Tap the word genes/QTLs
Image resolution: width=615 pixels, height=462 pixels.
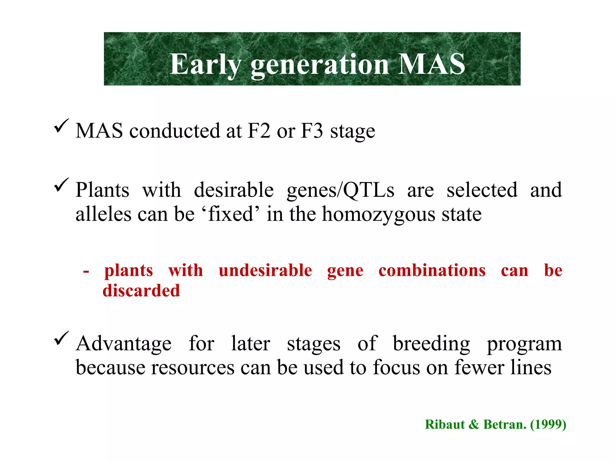tap(340, 191)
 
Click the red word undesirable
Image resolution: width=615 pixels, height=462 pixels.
tap(265, 270)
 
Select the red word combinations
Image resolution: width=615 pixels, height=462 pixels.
tap(432, 270)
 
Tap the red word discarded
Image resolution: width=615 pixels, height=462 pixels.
tap(141, 291)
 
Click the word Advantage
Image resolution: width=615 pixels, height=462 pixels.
tap(123, 343)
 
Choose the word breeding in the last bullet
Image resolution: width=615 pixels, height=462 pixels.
tap(431, 344)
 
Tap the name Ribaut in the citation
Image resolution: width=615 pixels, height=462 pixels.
tap(445, 424)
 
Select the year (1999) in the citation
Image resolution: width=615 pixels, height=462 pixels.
tap(548, 424)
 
